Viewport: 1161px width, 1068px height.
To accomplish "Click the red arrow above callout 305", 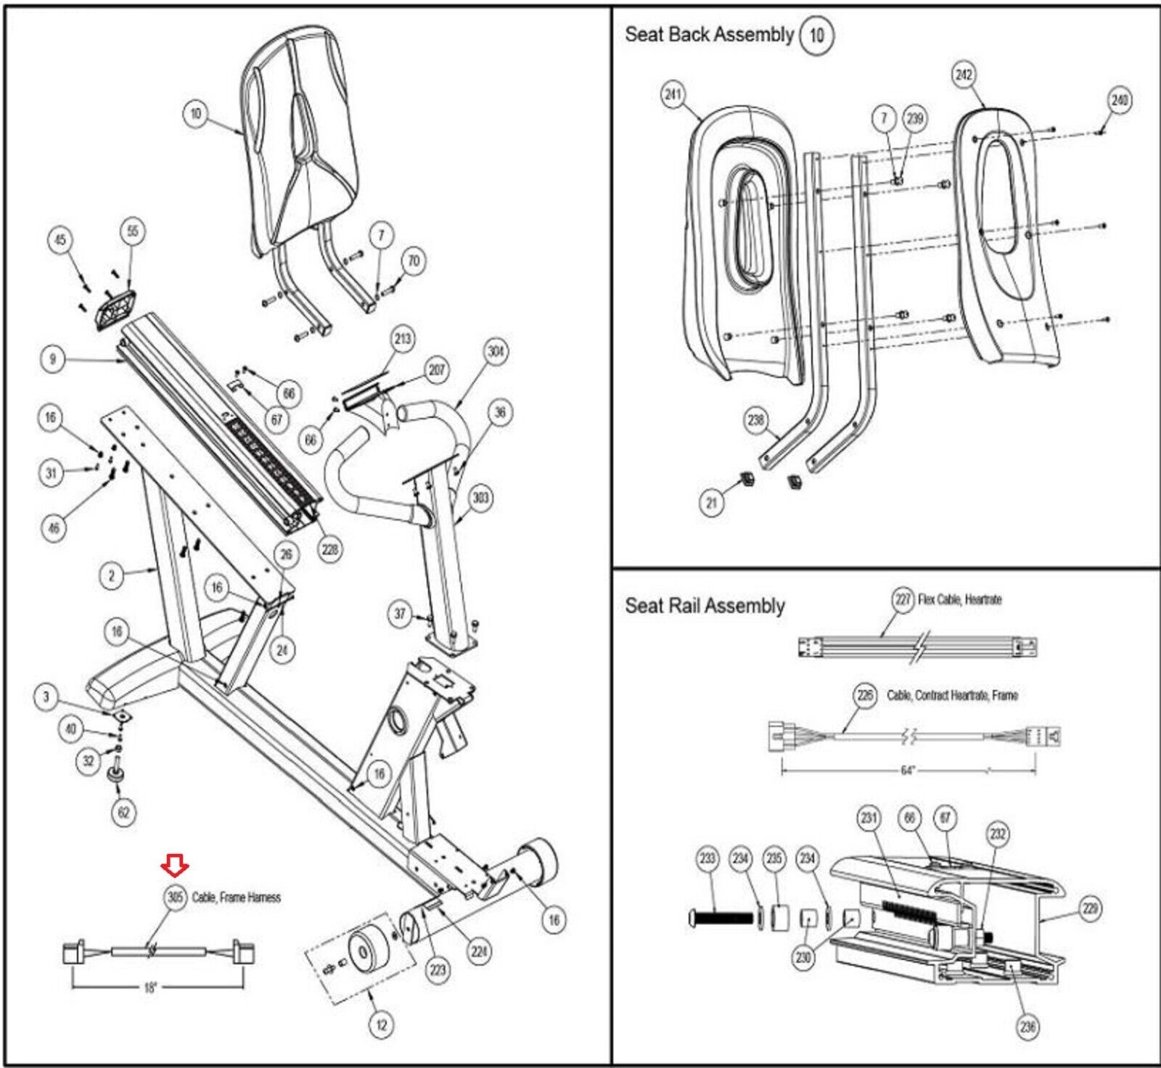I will click(175, 863).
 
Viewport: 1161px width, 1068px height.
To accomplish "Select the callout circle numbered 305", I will click(176, 897).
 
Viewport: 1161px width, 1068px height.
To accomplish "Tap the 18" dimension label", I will click(150, 987).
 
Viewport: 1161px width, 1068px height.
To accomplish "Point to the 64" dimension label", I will click(907, 770).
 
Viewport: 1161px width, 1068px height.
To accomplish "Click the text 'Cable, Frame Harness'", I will click(236, 897).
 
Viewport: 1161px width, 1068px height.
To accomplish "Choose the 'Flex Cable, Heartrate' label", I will click(959, 600).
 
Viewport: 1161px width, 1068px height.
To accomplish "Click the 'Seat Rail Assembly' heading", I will click(705, 606).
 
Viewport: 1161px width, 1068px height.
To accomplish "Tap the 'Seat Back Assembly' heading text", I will click(709, 35).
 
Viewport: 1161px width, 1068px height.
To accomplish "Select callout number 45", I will click(61, 240).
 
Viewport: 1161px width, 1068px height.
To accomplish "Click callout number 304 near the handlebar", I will click(496, 352).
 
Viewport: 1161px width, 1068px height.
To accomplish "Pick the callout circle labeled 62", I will click(123, 812).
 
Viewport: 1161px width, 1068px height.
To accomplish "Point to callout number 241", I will click(673, 94).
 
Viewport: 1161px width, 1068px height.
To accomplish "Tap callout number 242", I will click(964, 75).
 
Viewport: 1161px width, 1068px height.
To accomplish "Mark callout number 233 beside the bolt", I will click(707, 859).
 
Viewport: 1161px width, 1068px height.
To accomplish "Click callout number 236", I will click(1027, 1026).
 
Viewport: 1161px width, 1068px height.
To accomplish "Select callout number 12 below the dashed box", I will click(381, 1024).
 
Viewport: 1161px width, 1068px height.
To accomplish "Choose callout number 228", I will click(330, 549).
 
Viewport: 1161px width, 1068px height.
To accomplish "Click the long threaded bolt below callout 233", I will click(723, 918).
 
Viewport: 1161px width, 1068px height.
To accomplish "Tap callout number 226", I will click(865, 695).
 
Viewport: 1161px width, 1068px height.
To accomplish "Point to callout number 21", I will click(711, 503).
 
